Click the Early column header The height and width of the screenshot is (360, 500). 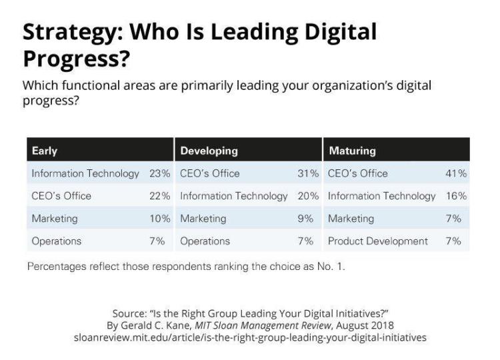tap(45, 150)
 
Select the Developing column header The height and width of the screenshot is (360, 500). tap(209, 150)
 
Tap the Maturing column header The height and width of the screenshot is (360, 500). tap(352, 150)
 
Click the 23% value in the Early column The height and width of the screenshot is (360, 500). tap(160, 173)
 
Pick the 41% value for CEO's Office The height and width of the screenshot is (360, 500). tap(456, 173)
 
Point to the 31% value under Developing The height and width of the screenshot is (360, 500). tap(308, 173)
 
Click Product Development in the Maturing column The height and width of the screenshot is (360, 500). tap(377, 241)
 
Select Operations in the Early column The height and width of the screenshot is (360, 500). tap(57, 241)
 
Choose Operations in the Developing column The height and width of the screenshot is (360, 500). tap(205, 241)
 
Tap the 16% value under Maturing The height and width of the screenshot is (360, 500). tap(456, 196)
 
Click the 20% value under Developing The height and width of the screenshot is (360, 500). tap(308, 196)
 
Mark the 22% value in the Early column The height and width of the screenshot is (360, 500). tap(160, 196)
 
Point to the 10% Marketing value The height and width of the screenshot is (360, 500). tap(160, 219)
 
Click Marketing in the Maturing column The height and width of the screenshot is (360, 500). tap(351, 219)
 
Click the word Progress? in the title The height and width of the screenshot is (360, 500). tap(75, 58)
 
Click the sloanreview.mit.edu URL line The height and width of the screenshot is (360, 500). tap(250, 337)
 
